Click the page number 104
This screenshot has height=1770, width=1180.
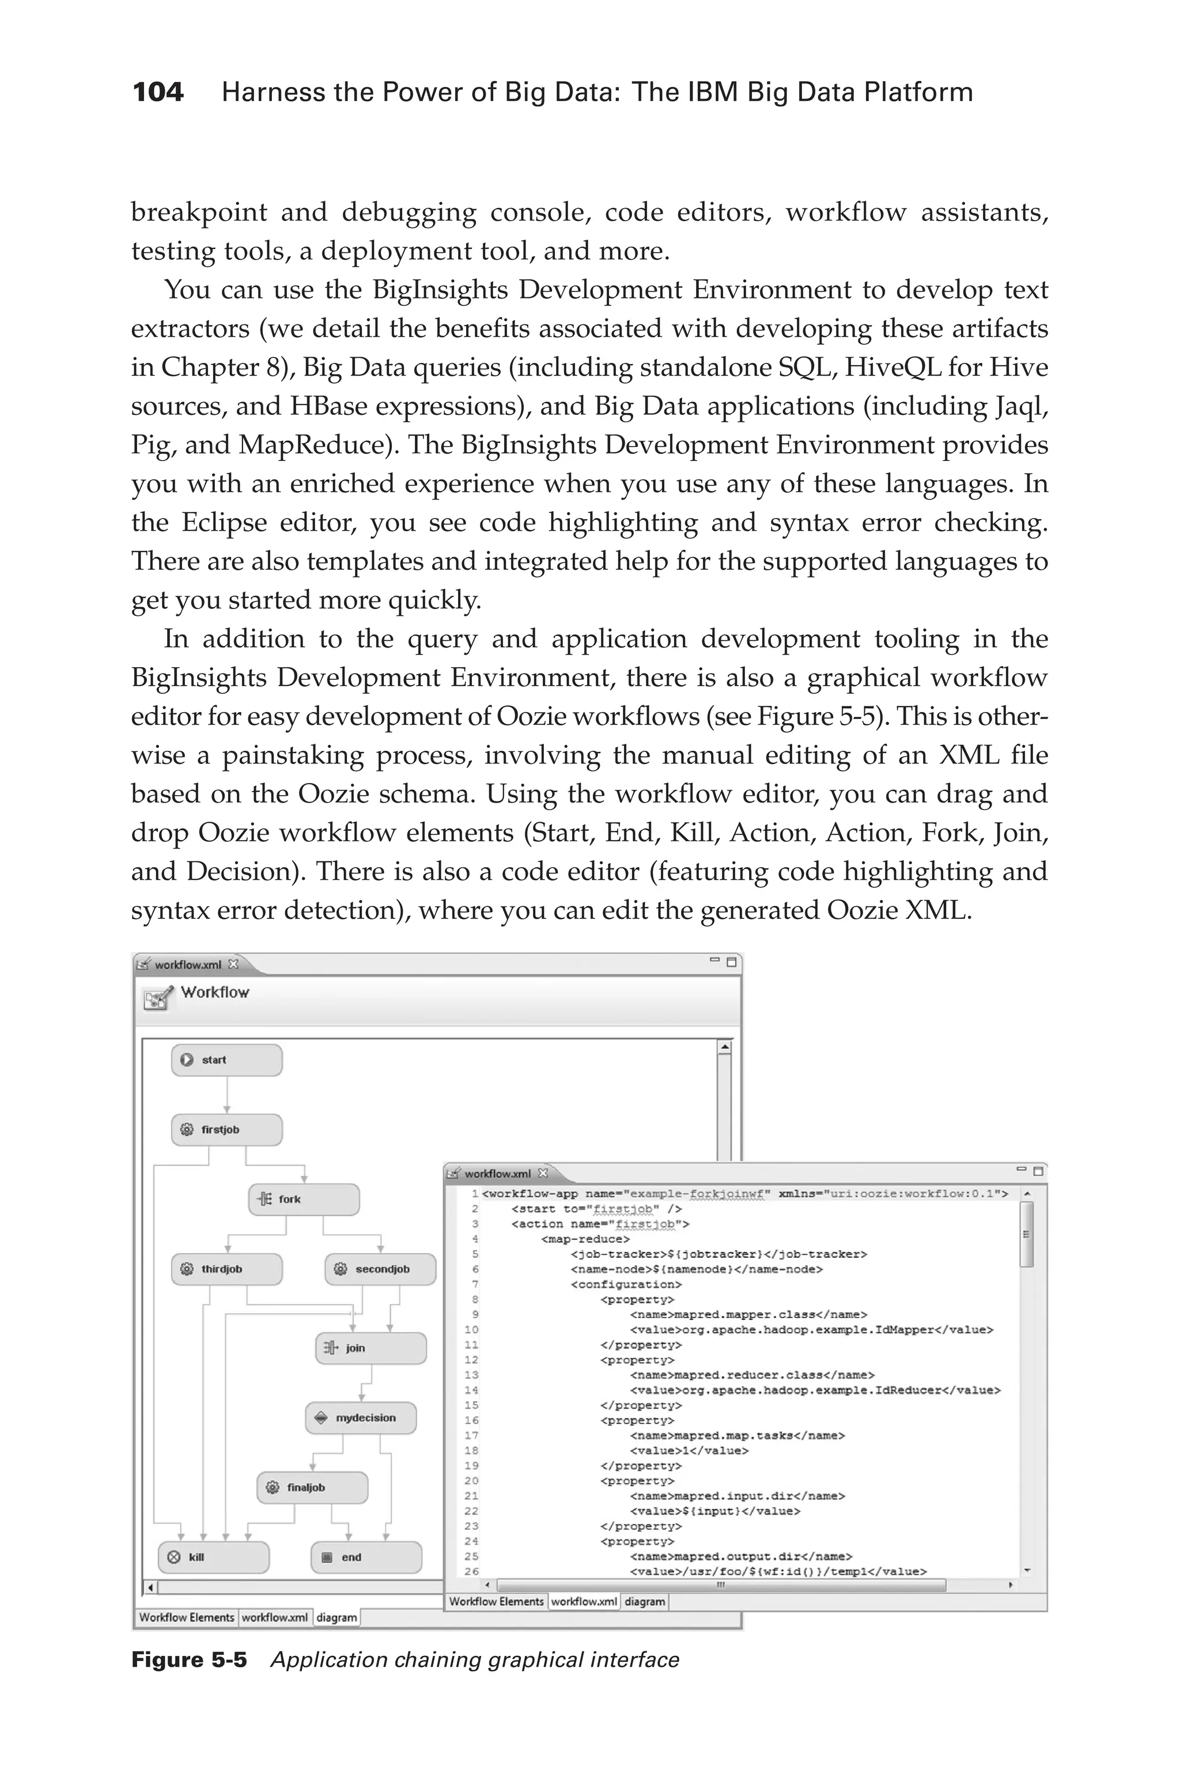click(158, 93)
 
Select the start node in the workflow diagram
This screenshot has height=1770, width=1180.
click(226, 1060)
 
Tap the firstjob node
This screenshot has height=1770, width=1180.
click(226, 1129)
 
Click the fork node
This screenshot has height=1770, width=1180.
click(303, 1200)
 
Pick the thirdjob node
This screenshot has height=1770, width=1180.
click(226, 1269)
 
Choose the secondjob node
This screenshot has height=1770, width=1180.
click(380, 1269)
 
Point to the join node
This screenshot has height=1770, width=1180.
click(370, 1348)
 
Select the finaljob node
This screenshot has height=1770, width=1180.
click(312, 1487)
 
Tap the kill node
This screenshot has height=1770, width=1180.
click(213, 1557)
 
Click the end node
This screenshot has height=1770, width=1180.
click(366, 1557)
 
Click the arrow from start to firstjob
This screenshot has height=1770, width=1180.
click(226, 1095)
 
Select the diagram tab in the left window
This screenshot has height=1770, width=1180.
click(336, 1617)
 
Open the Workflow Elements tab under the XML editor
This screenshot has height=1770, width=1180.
click(496, 1601)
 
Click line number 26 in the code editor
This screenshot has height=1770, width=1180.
click(471, 1571)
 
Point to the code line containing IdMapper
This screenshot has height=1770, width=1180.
click(811, 1330)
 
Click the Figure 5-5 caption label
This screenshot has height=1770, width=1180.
click(189, 1659)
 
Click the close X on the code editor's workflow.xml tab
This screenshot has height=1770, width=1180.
click(543, 1173)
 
